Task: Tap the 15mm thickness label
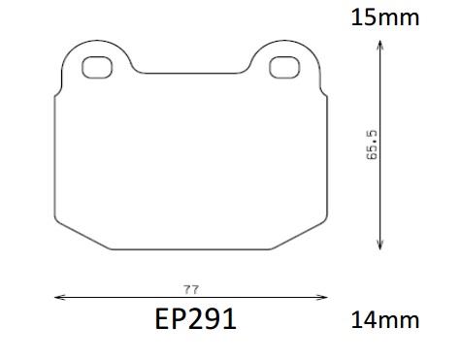(385, 17)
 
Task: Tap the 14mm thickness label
(385, 320)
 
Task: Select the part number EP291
(196, 319)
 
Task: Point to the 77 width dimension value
(190, 289)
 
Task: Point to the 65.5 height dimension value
(372, 145)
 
